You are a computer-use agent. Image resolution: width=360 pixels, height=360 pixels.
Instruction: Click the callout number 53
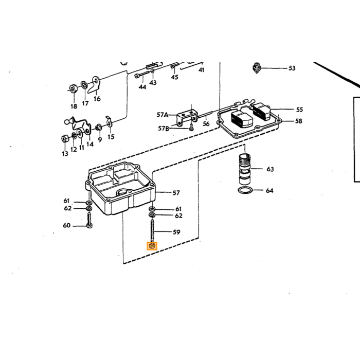[x=292, y=68]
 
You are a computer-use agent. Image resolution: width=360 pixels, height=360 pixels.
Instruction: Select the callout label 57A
[x=163, y=115]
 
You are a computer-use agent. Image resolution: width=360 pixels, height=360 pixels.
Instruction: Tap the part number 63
[x=270, y=169]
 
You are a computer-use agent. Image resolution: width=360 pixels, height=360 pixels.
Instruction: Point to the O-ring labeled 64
[x=245, y=190]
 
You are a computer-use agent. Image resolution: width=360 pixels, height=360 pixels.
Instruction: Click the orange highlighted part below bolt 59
[x=152, y=246]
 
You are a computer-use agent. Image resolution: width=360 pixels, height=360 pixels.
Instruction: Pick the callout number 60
[x=66, y=225]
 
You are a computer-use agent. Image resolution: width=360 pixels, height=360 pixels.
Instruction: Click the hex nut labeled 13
[x=65, y=139]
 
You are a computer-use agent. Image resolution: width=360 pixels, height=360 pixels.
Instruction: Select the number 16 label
[x=97, y=99]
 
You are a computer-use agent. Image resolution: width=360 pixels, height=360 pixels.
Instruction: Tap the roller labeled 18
[x=74, y=88]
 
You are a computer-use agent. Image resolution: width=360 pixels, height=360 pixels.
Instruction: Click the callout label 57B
[x=163, y=129]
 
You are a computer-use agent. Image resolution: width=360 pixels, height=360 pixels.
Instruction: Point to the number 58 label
[x=298, y=121]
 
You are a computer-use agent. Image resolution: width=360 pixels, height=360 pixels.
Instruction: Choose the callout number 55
[x=299, y=110]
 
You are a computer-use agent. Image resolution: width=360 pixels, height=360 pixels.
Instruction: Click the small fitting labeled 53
[x=257, y=68]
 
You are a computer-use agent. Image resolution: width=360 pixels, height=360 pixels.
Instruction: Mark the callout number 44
[x=142, y=87]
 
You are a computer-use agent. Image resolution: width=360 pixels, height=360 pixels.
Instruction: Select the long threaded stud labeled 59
[x=152, y=230]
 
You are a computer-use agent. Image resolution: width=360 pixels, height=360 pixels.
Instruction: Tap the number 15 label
[x=111, y=137]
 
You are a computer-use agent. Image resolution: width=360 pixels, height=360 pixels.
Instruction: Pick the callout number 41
[x=202, y=70]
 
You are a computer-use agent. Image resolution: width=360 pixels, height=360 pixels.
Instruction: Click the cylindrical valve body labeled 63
[x=245, y=169]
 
